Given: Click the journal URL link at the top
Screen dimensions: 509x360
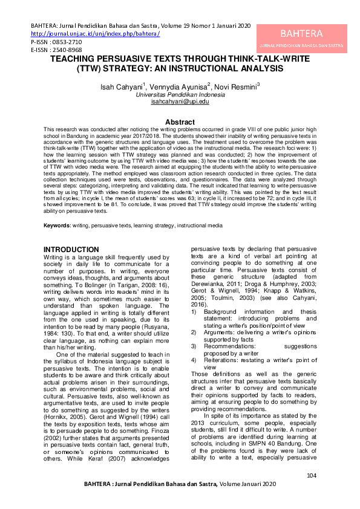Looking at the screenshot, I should [x=95, y=34].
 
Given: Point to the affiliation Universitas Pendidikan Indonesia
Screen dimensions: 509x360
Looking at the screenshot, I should [x=180, y=96].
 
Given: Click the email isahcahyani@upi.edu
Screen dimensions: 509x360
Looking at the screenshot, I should [x=180, y=102].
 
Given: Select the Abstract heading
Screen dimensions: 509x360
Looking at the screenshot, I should [x=180, y=122].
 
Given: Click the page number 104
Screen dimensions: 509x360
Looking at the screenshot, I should [x=312, y=476].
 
